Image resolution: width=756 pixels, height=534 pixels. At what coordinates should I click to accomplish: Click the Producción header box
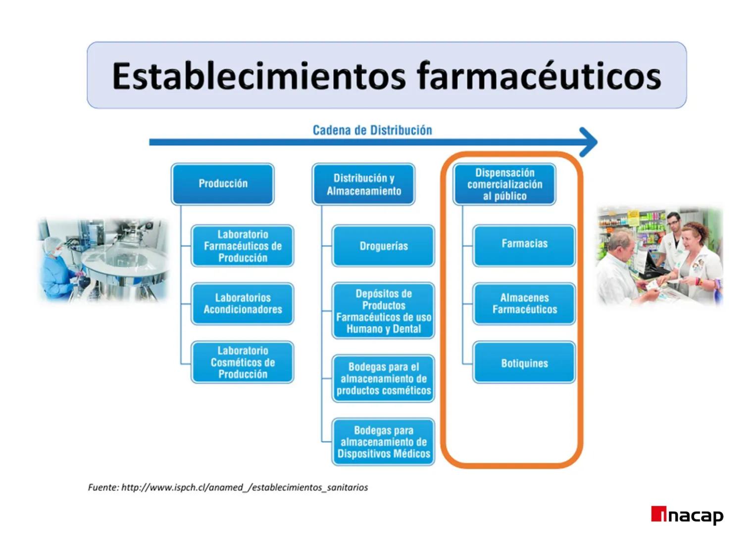(222, 184)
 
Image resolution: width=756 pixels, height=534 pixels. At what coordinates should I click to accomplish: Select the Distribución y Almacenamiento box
(363, 184)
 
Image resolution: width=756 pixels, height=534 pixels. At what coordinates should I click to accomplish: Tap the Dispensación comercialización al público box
(504, 184)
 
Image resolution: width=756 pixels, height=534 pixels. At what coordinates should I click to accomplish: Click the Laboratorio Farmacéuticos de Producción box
(243, 246)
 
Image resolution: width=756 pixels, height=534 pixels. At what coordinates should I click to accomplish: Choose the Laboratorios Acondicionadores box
(243, 304)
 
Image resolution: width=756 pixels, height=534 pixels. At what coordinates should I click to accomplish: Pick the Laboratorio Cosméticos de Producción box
(243, 362)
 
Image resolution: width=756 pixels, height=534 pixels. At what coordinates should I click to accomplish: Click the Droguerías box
(383, 246)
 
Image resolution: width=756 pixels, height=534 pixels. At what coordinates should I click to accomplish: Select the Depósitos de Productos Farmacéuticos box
(383, 311)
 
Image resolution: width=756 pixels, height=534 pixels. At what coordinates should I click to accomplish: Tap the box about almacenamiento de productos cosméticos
(383, 379)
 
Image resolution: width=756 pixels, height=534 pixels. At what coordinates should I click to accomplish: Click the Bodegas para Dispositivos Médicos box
(383, 442)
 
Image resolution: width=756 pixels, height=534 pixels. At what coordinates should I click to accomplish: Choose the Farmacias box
(524, 244)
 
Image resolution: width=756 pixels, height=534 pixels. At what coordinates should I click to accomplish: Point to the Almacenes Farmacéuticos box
(524, 304)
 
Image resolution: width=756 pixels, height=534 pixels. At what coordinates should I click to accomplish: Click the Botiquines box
(524, 363)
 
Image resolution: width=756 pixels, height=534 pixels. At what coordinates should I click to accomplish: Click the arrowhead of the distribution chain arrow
(589, 142)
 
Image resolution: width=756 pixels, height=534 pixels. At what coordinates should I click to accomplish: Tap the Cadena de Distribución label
(372, 131)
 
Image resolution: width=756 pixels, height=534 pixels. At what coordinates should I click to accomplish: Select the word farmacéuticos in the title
(538, 76)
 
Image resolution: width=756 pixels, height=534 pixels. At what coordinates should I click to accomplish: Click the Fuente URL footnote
(228, 488)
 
